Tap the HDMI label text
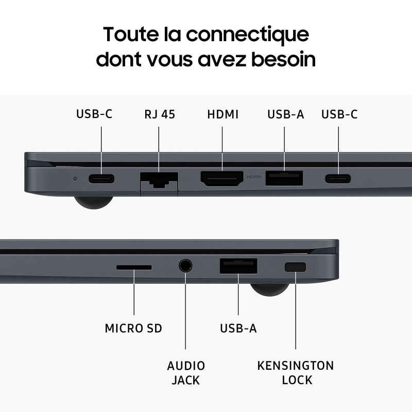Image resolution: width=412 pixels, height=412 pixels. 222,114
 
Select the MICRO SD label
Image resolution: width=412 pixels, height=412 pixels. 133,328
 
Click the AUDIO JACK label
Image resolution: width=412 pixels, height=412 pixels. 186,373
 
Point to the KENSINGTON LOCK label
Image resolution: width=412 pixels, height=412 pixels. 296,373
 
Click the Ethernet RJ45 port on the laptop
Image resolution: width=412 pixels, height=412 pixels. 159,180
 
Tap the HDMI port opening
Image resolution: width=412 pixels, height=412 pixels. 222,179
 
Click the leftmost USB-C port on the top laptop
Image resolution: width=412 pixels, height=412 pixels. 101,179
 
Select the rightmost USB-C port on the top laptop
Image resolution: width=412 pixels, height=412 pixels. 338,179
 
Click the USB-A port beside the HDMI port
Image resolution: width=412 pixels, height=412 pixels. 284,178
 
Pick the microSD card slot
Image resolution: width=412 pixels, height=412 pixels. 134,267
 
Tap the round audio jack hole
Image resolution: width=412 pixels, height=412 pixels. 185,266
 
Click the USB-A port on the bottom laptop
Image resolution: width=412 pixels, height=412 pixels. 239,266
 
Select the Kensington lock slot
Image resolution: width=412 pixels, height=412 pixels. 295,267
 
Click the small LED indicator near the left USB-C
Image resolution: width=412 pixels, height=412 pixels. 76,179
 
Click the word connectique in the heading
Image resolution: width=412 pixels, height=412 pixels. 247,35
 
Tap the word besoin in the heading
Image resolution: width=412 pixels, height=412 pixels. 285,59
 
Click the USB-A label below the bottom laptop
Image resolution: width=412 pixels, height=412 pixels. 238,328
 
